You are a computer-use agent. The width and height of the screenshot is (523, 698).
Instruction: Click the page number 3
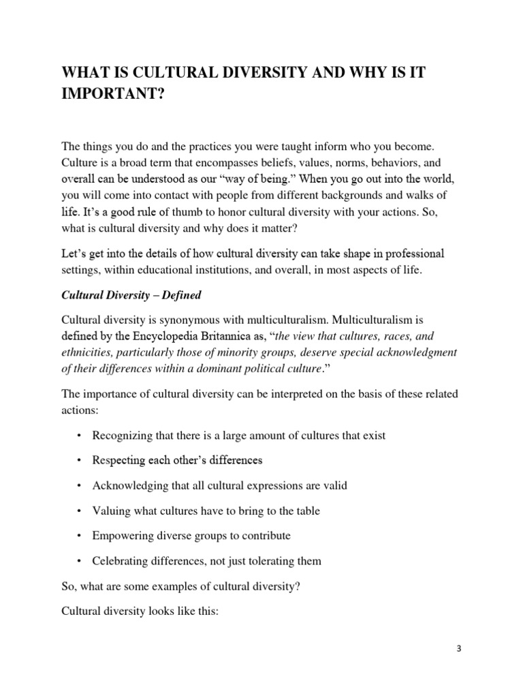(x=459, y=649)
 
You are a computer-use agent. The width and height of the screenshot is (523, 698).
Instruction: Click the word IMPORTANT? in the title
(x=109, y=95)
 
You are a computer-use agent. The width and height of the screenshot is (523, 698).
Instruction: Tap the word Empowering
(x=123, y=536)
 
